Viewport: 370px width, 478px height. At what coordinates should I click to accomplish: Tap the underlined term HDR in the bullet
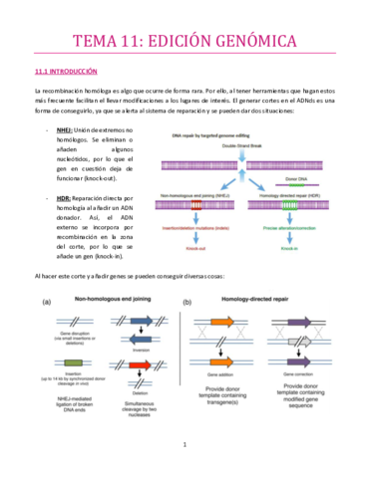63,198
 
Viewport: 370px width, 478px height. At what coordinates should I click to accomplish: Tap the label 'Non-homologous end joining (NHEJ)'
204,194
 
